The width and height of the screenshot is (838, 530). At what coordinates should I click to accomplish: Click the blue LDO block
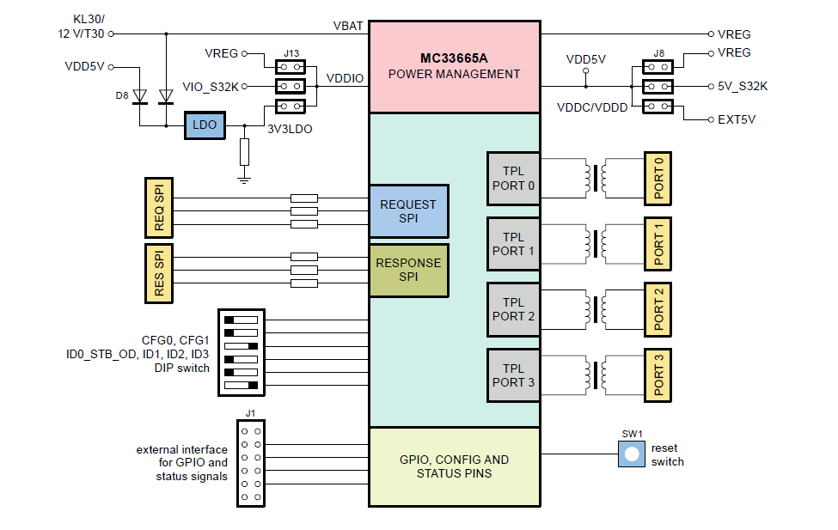tap(205, 125)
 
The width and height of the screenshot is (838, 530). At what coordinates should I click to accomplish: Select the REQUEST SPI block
tap(408, 211)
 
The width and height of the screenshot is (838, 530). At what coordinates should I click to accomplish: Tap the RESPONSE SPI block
tap(408, 270)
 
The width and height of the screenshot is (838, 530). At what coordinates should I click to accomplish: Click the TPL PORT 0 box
tap(513, 179)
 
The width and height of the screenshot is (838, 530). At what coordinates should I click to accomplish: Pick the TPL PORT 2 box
tap(513, 309)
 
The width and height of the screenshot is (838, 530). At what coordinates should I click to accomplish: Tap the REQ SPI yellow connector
tap(158, 208)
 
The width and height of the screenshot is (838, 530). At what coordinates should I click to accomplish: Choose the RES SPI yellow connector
tap(158, 273)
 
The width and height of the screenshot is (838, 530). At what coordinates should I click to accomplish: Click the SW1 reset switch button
tap(632, 454)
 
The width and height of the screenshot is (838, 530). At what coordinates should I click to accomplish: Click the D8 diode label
tap(122, 95)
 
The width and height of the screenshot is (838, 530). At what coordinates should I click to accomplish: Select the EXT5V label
tap(736, 119)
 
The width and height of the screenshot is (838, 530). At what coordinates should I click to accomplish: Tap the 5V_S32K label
tap(742, 87)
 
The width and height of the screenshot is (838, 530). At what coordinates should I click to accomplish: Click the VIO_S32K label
tap(211, 87)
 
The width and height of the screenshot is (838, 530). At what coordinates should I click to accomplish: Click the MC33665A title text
tap(453, 58)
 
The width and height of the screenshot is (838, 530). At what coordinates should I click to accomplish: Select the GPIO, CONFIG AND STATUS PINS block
tap(454, 466)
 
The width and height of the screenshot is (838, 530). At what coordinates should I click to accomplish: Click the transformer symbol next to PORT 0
tap(594, 179)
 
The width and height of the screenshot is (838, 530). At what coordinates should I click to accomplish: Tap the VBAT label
tap(348, 27)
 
